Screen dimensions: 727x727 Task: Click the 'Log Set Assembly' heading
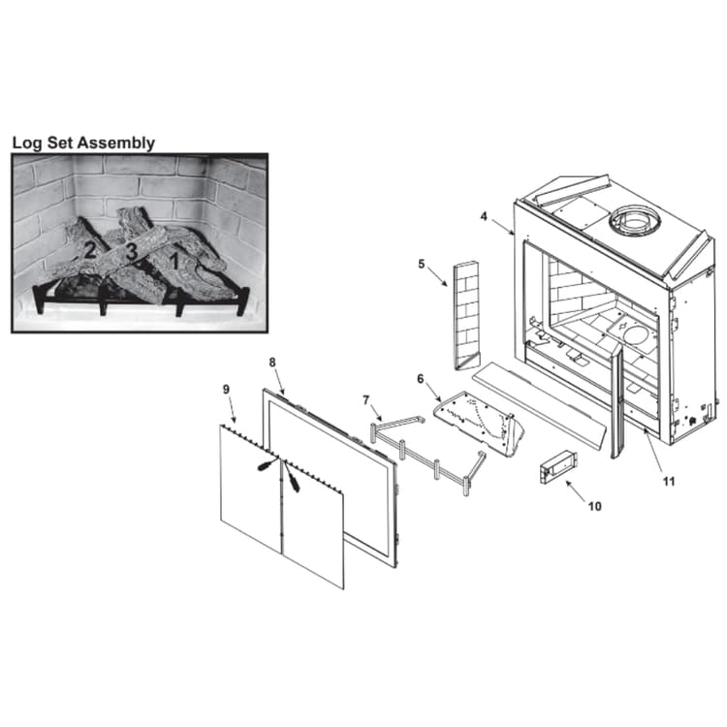coord(83,142)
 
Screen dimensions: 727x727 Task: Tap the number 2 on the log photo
coord(89,250)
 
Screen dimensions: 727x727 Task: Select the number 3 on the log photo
coord(132,252)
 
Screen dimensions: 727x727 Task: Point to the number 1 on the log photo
coord(174,262)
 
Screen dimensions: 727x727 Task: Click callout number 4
coord(484,216)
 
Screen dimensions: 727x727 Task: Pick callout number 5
coord(421,264)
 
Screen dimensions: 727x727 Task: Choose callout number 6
coord(420,379)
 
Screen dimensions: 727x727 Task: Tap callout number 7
coord(366,399)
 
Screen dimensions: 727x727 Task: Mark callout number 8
coord(272,363)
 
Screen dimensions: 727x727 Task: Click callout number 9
coord(226,389)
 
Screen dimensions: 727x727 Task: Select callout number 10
coord(594,506)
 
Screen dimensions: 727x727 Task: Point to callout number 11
coord(669,481)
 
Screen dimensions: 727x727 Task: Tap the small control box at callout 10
coord(558,467)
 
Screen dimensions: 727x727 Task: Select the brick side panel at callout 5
coord(467,316)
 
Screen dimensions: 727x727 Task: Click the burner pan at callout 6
coord(480,423)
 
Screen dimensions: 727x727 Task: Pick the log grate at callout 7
coord(427,455)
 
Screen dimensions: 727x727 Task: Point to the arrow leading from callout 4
coord(502,228)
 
